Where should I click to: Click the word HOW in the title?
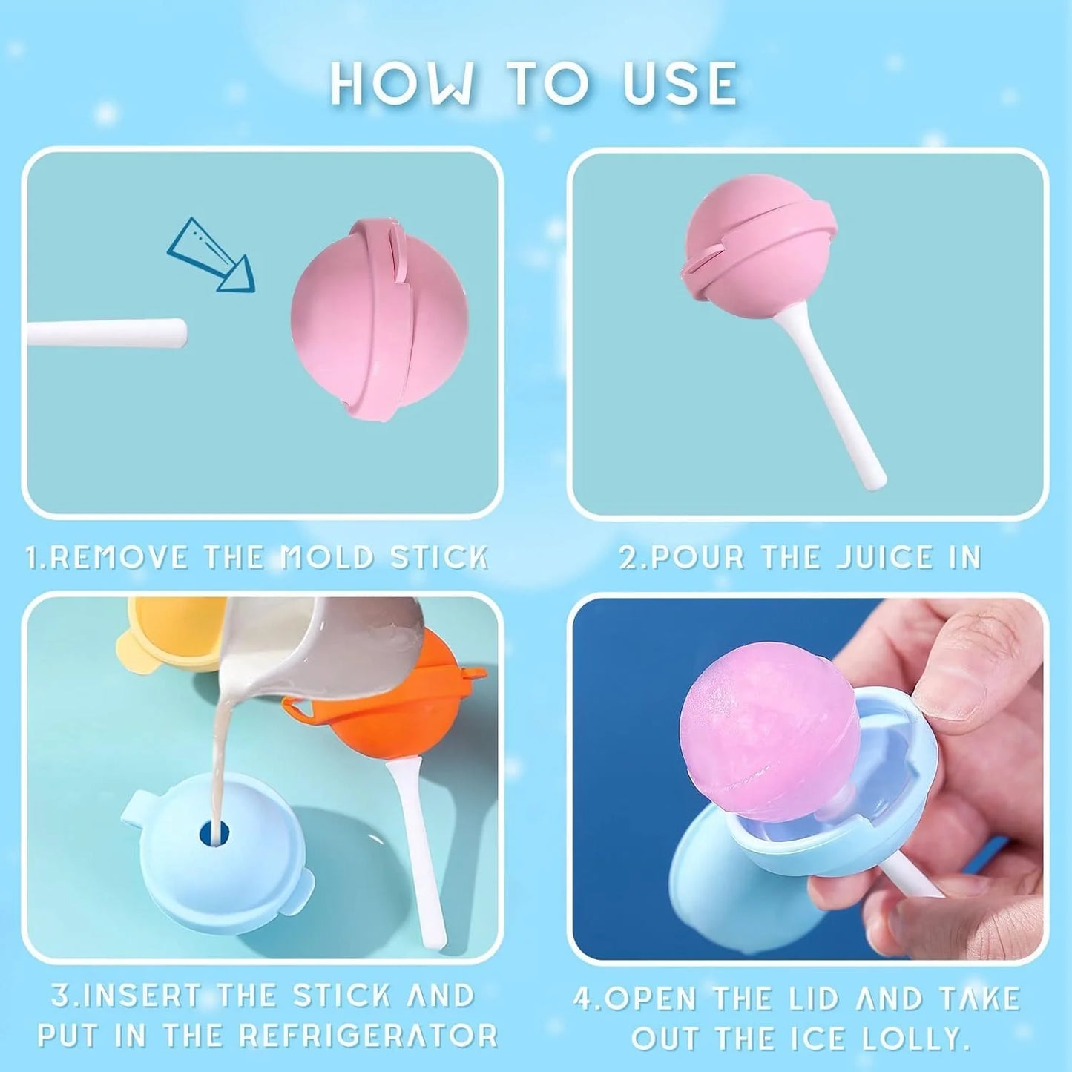[x=401, y=83]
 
